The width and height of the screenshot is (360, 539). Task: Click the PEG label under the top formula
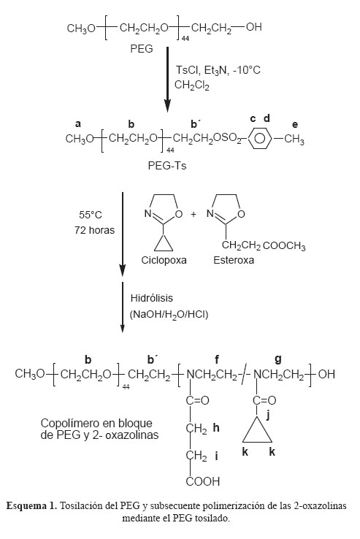[142, 49]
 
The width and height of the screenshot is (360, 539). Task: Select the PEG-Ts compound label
[167, 166]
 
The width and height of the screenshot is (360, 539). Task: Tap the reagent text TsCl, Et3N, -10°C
[218, 70]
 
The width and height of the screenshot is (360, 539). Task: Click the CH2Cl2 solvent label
[192, 85]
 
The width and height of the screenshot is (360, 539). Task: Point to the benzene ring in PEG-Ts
[260, 139]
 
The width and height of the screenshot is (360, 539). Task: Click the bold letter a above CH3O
[78, 124]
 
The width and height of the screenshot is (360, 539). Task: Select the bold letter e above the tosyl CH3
[295, 125]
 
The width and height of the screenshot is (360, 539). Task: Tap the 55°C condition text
[91, 215]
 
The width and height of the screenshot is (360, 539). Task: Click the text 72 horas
[94, 230]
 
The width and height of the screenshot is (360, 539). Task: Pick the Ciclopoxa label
[164, 260]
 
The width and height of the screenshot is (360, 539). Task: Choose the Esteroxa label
[234, 260]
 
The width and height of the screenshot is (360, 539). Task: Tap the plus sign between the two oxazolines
[194, 214]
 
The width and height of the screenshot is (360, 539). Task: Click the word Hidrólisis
[152, 298]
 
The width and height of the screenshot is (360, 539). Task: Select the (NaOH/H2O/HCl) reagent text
[169, 315]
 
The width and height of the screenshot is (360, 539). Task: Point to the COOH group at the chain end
[202, 481]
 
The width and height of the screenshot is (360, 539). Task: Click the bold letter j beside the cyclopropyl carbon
[268, 415]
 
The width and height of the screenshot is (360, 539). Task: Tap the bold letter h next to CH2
[216, 428]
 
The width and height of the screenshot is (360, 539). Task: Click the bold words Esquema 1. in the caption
[31, 506]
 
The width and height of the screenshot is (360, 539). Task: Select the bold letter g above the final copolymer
[278, 359]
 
